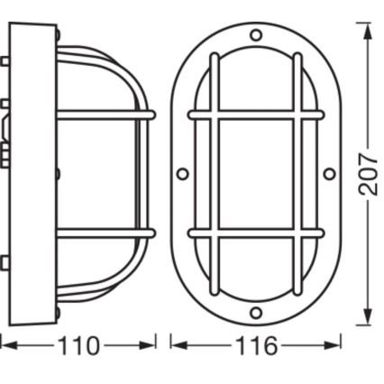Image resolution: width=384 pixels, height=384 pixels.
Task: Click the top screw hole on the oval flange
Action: (x=256, y=36)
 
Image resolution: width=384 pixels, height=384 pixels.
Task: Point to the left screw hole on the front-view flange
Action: (x=183, y=174)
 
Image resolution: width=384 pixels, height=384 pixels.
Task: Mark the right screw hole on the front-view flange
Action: (x=329, y=174)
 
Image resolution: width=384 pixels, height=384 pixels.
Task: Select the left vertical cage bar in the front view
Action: (x=215, y=174)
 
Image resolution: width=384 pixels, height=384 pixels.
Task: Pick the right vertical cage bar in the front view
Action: (x=297, y=174)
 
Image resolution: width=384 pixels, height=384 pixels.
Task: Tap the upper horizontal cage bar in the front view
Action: (x=256, y=116)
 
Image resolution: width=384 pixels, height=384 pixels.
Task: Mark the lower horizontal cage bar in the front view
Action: (x=256, y=233)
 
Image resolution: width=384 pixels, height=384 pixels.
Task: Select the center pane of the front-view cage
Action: (x=256, y=174)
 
